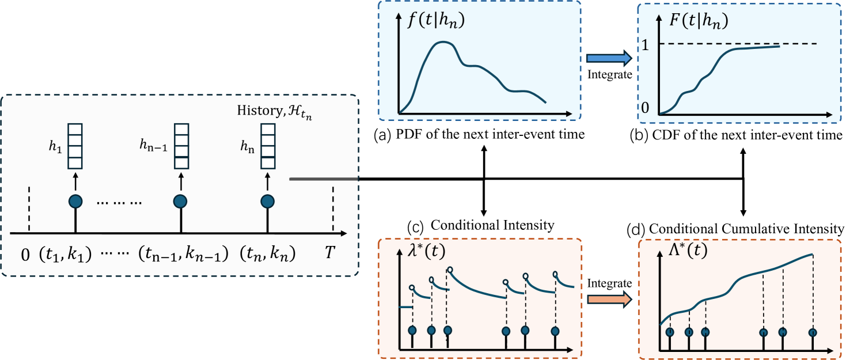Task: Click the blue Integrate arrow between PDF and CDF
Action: tap(609, 58)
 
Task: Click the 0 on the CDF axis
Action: tap(646, 108)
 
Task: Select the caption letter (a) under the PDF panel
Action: tap(382, 137)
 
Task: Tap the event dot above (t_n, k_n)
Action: tap(267, 202)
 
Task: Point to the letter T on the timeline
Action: tap(329, 254)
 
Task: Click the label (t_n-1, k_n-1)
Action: tap(183, 254)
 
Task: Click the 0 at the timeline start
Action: tap(25, 254)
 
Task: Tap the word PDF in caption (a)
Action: tap(408, 137)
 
